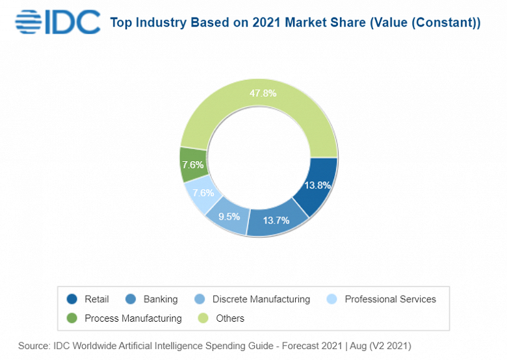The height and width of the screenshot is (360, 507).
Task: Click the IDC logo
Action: [x=57, y=22]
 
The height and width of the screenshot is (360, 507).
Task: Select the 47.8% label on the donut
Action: [x=263, y=93]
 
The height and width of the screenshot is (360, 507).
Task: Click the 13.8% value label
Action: [x=318, y=185]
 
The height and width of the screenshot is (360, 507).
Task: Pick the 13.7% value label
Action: [x=276, y=220]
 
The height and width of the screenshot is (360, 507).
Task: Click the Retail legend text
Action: [x=97, y=300]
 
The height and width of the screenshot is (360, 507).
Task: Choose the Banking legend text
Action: [x=161, y=300]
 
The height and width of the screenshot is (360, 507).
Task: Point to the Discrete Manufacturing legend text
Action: [x=261, y=300]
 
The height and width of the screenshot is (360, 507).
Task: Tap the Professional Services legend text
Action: [x=391, y=300]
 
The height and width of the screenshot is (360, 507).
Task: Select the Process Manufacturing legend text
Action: [x=133, y=318]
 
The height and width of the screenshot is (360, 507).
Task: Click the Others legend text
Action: [x=230, y=318]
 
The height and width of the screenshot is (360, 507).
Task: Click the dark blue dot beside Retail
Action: [x=71, y=300]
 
